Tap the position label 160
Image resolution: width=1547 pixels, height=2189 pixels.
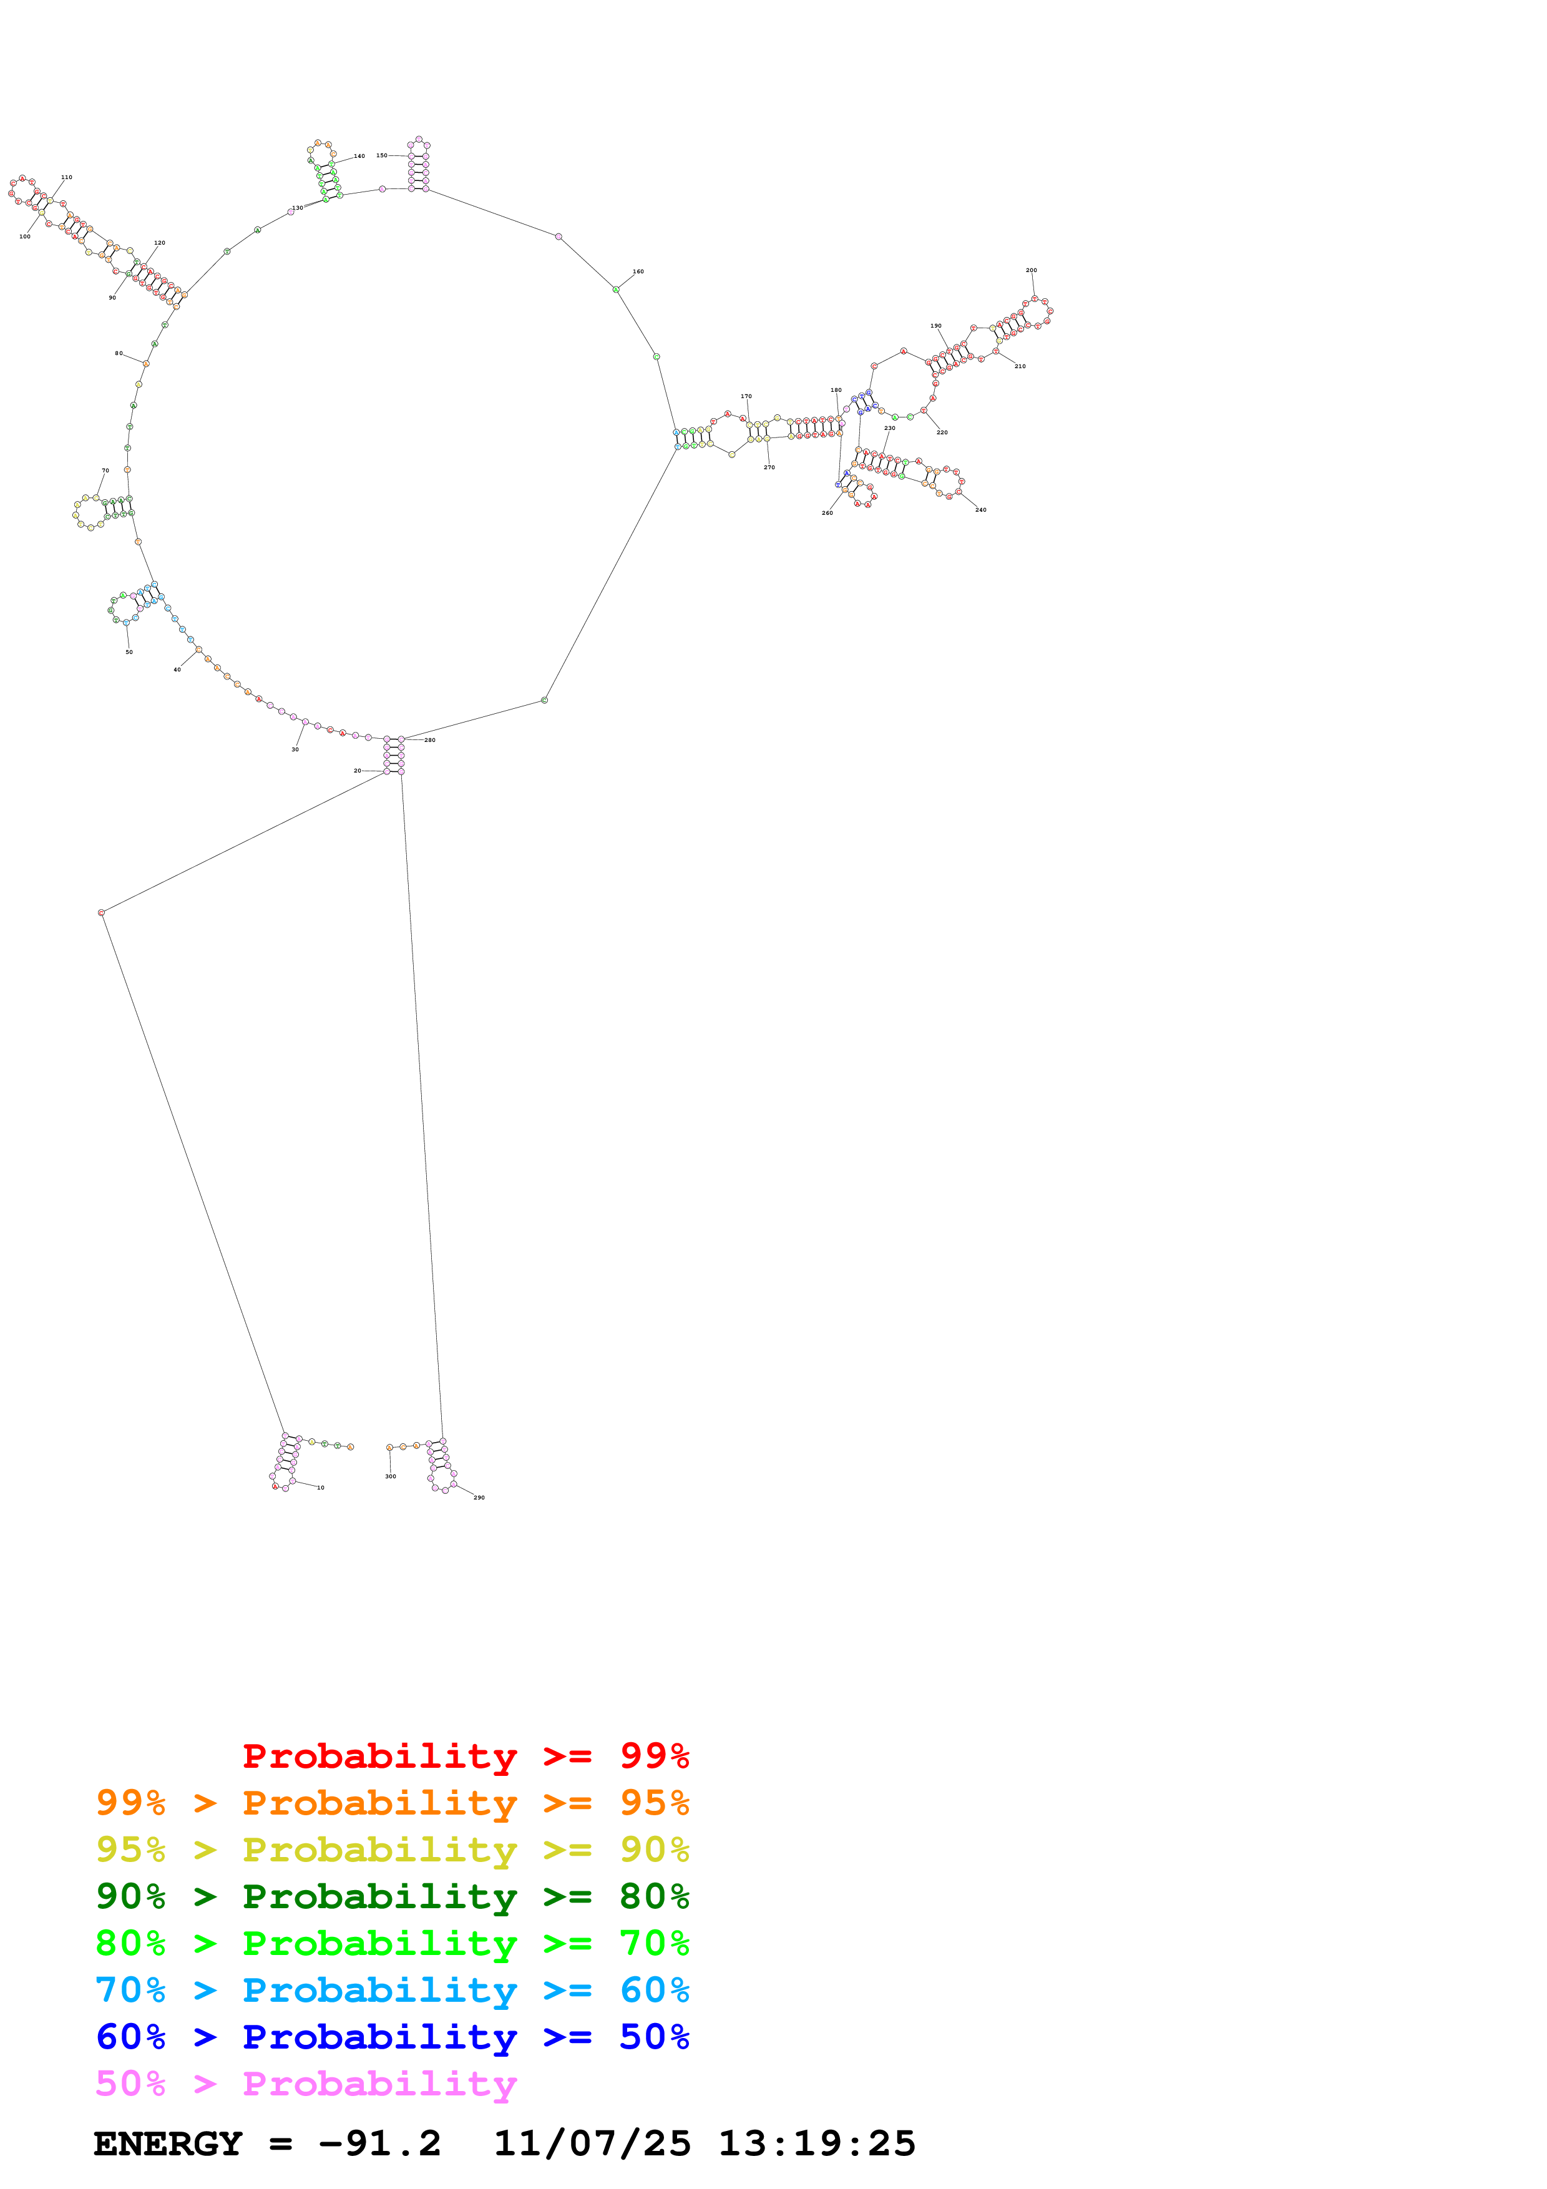pyautogui.click(x=638, y=271)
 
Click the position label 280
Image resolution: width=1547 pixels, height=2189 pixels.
pyautogui.click(x=430, y=740)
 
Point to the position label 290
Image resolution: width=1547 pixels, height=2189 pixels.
pyautogui.click(x=479, y=1498)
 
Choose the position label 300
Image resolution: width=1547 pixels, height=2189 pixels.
pyautogui.click(x=390, y=1476)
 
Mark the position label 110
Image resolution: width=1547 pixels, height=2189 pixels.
pyautogui.click(x=67, y=177)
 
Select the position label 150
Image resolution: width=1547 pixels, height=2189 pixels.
pyautogui.click(x=381, y=155)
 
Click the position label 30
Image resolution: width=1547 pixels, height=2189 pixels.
pyautogui.click(x=295, y=749)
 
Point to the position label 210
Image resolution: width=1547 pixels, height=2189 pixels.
pyautogui.click(x=1019, y=366)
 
